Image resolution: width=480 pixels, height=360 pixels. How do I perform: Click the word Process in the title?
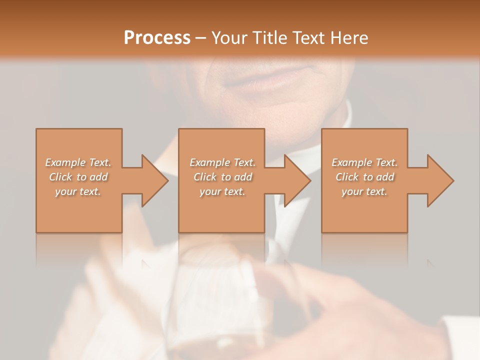point(157,38)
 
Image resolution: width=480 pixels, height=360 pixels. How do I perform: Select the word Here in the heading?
point(347,38)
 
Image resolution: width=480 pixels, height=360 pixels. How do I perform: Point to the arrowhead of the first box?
point(154,180)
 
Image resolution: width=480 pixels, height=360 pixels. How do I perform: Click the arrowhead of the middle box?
point(296,180)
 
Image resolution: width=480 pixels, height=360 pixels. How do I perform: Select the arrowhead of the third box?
point(439,180)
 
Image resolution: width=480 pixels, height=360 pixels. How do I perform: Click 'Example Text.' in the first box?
point(78,162)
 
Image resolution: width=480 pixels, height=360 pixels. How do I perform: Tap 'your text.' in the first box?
point(78,191)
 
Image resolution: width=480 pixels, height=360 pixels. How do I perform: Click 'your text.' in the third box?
point(364,191)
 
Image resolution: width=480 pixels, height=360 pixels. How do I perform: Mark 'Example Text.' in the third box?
point(364,162)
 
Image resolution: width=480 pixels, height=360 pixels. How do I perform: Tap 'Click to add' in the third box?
point(364,177)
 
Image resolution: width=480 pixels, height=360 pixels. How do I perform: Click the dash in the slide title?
point(201,38)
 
